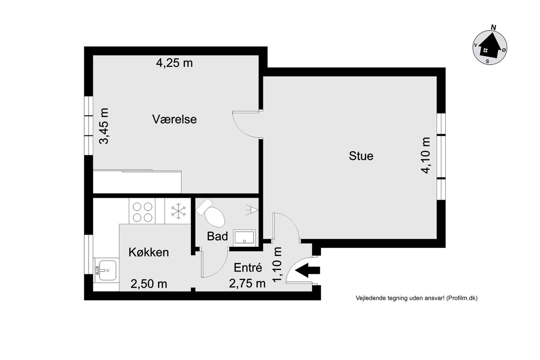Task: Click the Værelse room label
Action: (x=174, y=119)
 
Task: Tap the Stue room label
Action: (x=361, y=156)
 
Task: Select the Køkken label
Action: (x=148, y=252)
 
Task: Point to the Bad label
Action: (x=217, y=236)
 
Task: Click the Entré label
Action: (x=248, y=268)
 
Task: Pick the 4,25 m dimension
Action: (x=174, y=63)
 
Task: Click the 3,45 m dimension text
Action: (x=104, y=126)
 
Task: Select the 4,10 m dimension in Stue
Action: (x=426, y=156)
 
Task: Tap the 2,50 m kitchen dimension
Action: (x=149, y=284)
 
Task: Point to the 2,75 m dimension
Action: (x=247, y=283)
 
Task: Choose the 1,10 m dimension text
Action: (x=277, y=265)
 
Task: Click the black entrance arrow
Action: (x=308, y=270)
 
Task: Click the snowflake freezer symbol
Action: (x=178, y=211)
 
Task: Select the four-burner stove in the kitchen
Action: (x=142, y=211)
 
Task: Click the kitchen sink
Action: (x=107, y=270)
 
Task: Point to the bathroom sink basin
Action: (x=244, y=238)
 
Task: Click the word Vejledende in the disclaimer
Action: (x=367, y=298)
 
